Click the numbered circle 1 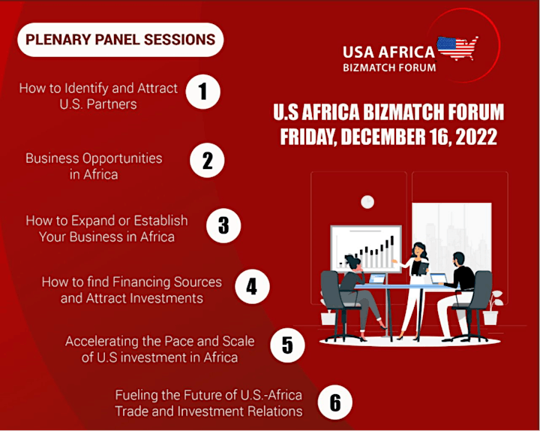click(202, 92)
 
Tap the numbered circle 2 click(207, 161)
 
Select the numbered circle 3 click(223, 225)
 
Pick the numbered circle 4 click(252, 287)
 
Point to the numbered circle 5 click(287, 345)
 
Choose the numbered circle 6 click(335, 402)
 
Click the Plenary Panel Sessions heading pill click(121, 40)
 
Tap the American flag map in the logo click(457, 48)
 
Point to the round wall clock click(367, 202)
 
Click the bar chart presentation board click(366, 249)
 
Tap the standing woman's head click(418, 250)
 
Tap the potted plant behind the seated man click(493, 308)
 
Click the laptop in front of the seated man click(439, 279)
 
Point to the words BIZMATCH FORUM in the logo click(389, 68)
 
